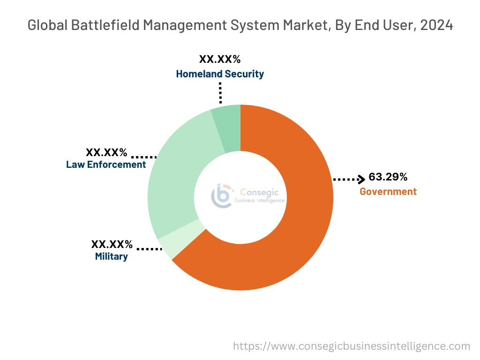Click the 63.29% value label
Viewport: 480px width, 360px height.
coord(388,177)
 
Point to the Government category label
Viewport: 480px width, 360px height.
coord(388,191)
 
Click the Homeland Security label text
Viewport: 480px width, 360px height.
coord(220,74)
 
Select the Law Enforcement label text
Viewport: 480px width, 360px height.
coord(106,165)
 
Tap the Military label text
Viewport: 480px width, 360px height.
coord(111,256)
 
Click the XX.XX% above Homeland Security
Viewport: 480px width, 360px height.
coord(220,60)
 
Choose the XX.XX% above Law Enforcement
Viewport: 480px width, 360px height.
coord(106,152)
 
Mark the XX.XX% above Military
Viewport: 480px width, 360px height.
coord(112,244)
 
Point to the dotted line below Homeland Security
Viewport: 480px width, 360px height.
coord(219,93)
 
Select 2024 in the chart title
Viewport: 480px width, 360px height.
coord(436,25)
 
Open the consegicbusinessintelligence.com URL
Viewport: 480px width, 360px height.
coord(352,346)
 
